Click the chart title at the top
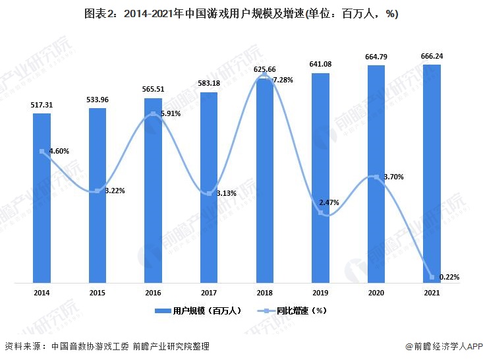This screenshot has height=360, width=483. (x=241, y=14)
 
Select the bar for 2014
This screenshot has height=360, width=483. (x=42, y=198)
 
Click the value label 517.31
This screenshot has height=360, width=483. (x=42, y=105)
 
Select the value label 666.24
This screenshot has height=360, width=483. (x=432, y=56)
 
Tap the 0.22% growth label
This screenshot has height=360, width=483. (x=449, y=278)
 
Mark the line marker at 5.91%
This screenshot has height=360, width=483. (x=153, y=114)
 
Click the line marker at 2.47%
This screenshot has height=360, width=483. (x=320, y=212)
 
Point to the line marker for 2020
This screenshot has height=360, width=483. (x=376, y=177)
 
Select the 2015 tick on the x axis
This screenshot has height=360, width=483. (x=98, y=291)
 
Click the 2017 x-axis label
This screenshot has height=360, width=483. (x=209, y=291)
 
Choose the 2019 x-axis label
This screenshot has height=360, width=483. (x=320, y=291)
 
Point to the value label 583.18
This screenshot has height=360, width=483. (x=209, y=84)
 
